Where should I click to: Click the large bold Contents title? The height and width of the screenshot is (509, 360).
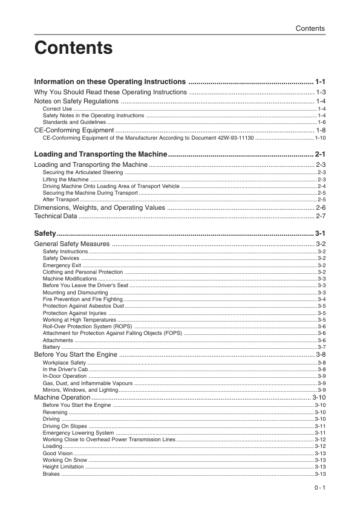coord(74,48)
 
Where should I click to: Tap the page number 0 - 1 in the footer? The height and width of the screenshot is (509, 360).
coord(320,488)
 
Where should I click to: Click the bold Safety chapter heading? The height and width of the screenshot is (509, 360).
coord(45,233)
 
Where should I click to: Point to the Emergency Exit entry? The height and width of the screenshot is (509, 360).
coord(62,265)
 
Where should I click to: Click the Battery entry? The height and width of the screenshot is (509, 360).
coord(51,347)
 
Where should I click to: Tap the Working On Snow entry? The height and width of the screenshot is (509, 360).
coord(65,460)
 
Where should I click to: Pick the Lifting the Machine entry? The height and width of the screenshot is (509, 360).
coord(66,180)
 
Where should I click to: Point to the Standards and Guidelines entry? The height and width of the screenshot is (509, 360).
coord(74,122)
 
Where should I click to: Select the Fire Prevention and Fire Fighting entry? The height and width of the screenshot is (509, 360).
coord(83,299)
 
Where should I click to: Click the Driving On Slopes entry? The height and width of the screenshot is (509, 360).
coord(65,426)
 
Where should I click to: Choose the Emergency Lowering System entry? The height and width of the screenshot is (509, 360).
coord(79,433)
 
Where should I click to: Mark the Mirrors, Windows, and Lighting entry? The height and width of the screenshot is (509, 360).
coord(80,390)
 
